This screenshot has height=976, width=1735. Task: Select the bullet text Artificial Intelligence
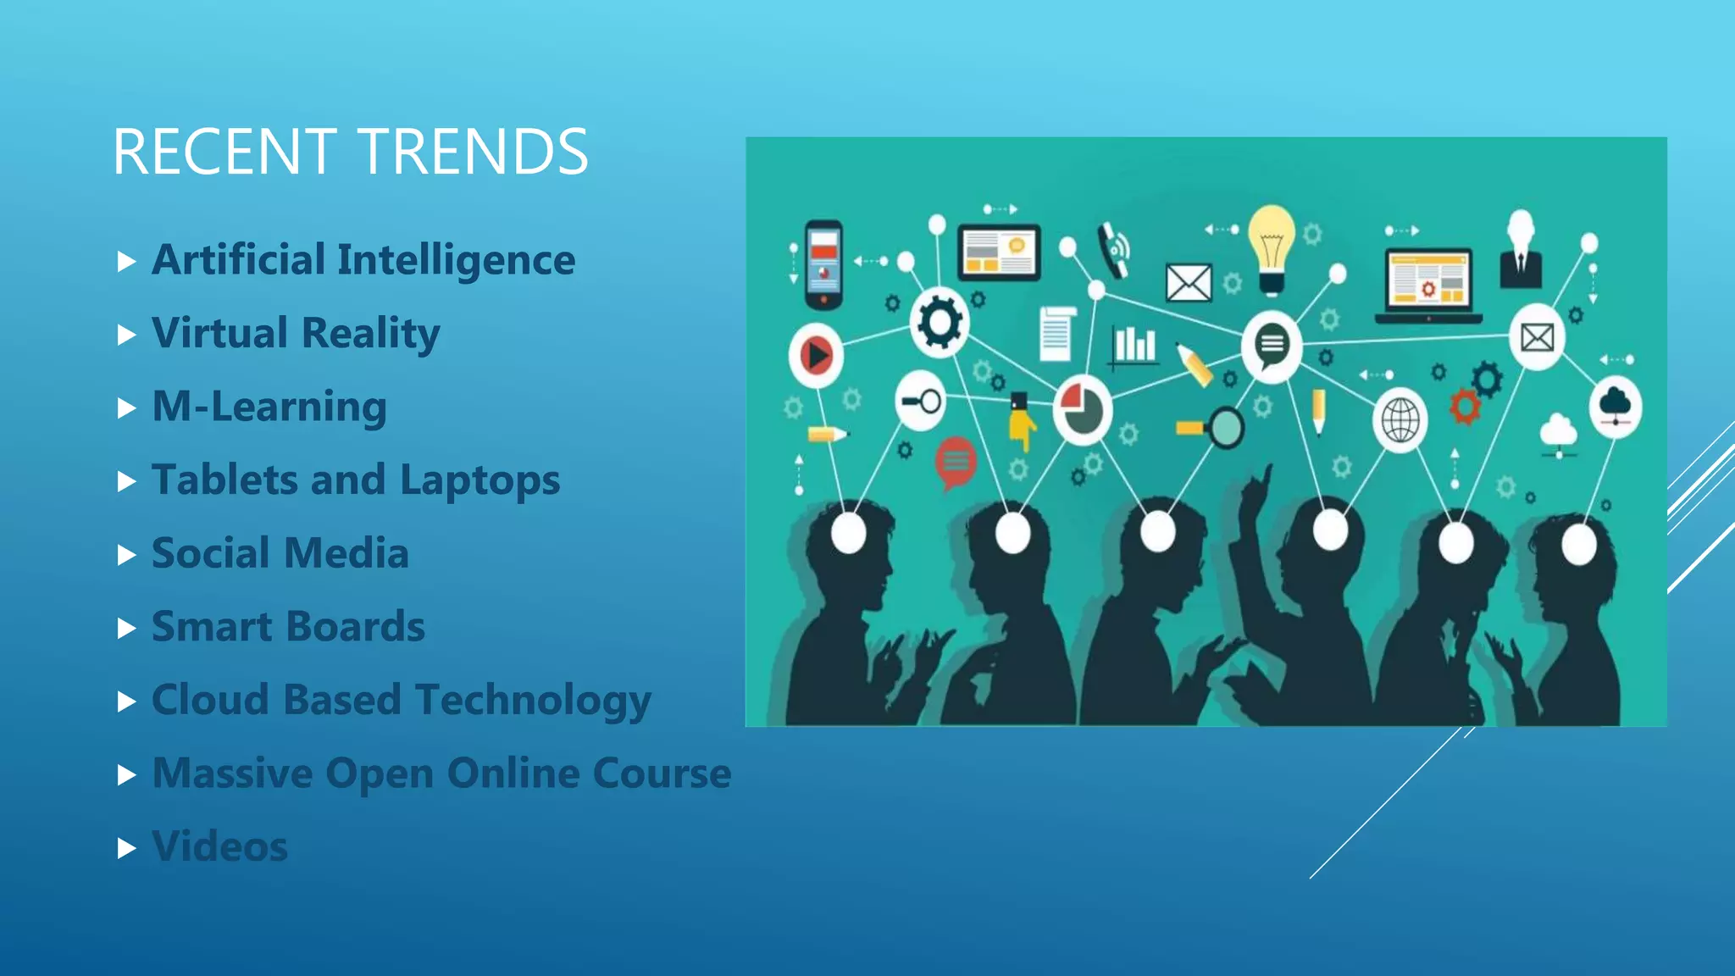pos(363,259)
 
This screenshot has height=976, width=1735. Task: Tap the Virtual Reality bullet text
pos(296,333)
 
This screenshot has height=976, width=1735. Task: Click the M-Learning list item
pos(269,407)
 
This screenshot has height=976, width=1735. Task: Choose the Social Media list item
pos(280,553)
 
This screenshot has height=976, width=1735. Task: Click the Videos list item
pos(219,846)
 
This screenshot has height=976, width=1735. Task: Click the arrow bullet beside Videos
pos(126,848)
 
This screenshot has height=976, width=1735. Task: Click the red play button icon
pos(816,356)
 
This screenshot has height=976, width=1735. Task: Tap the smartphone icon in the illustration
pos(823,264)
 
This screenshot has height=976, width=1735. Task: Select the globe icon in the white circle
pos(1400,420)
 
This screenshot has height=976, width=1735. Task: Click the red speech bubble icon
pos(956,463)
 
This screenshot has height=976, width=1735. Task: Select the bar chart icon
pos(1134,346)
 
